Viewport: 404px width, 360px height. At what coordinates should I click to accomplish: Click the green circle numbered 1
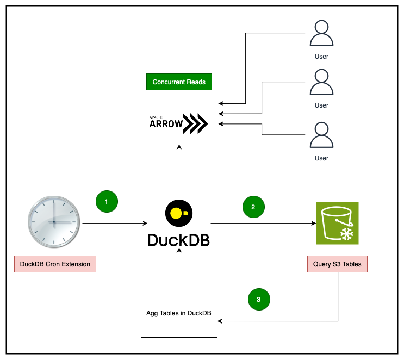pyautogui.click(x=107, y=201)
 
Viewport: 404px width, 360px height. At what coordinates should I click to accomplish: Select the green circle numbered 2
pyautogui.click(x=253, y=207)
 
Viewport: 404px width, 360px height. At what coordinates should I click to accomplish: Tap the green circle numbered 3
pyautogui.click(x=259, y=299)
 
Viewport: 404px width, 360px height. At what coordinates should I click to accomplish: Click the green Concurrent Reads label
pyautogui.click(x=179, y=82)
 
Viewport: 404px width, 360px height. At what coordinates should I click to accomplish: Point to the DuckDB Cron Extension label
pyautogui.click(x=55, y=264)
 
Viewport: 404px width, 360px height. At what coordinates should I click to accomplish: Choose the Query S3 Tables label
pyautogui.click(x=337, y=264)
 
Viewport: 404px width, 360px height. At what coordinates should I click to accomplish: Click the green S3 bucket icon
pyautogui.click(x=338, y=224)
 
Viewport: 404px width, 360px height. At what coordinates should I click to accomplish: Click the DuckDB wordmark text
pyautogui.click(x=178, y=240)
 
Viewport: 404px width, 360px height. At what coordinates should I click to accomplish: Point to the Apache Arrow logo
pyautogui.click(x=178, y=123)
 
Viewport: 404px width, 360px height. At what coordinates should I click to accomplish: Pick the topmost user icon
pyautogui.click(x=321, y=34)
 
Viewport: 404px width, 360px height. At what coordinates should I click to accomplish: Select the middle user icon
pyautogui.click(x=321, y=83)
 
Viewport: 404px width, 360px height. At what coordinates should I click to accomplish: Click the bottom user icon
pyautogui.click(x=321, y=135)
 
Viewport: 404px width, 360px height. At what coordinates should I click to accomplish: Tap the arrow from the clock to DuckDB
pyautogui.click(x=114, y=223)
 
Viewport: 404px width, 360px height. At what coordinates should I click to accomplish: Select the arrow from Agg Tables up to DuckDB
pyautogui.click(x=178, y=280)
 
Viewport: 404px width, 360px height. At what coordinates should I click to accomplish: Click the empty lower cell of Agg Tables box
pyautogui.click(x=179, y=329)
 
